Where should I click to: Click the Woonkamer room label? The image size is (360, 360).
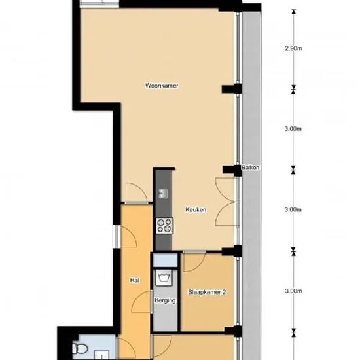click(x=162, y=86)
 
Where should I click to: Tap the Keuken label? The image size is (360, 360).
click(x=196, y=209)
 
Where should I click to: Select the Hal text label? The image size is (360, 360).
click(x=135, y=280)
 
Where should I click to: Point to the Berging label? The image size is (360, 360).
click(x=165, y=300)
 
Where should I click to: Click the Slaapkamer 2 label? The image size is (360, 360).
click(x=207, y=292)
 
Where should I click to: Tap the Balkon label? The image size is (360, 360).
click(x=250, y=168)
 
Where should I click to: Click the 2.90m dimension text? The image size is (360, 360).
click(x=293, y=48)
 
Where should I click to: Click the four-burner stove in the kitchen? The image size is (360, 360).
click(x=164, y=226)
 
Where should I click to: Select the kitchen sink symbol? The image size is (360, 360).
click(x=163, y=193)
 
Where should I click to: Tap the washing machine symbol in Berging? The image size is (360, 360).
click(x=164, y=278)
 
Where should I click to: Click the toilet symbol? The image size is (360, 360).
click(x=80, y=349)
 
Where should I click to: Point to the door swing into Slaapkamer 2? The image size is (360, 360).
click(x=194, y=262)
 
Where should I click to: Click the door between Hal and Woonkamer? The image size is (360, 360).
click(x=136, y=193)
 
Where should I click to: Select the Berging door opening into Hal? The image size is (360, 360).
click(x=142, y=302)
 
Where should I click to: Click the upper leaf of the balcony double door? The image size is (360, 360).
click(x=226, y=190)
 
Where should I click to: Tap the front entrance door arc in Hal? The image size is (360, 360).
click(x=128, y=237)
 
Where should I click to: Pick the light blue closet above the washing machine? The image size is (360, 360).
click(x=166, y=261)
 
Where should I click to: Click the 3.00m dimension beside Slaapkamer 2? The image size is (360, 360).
click(x=293, y=291)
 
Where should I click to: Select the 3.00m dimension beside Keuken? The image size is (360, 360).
click(x=293, y=209)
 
